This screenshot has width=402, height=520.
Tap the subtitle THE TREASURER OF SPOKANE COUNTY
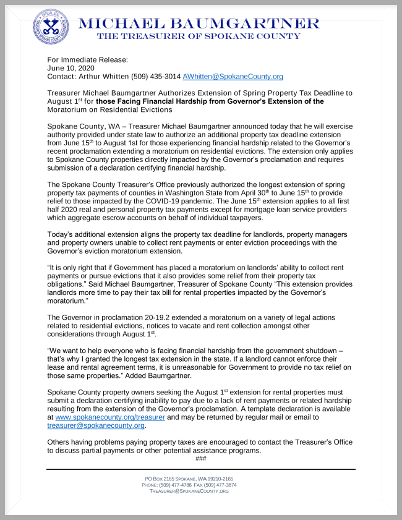[199, 36]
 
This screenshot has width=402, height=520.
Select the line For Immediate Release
[87, 59]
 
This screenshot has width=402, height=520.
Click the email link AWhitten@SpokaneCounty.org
[233, 77]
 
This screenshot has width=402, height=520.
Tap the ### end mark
[200, 458]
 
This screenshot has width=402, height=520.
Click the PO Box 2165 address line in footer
[189, 479]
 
